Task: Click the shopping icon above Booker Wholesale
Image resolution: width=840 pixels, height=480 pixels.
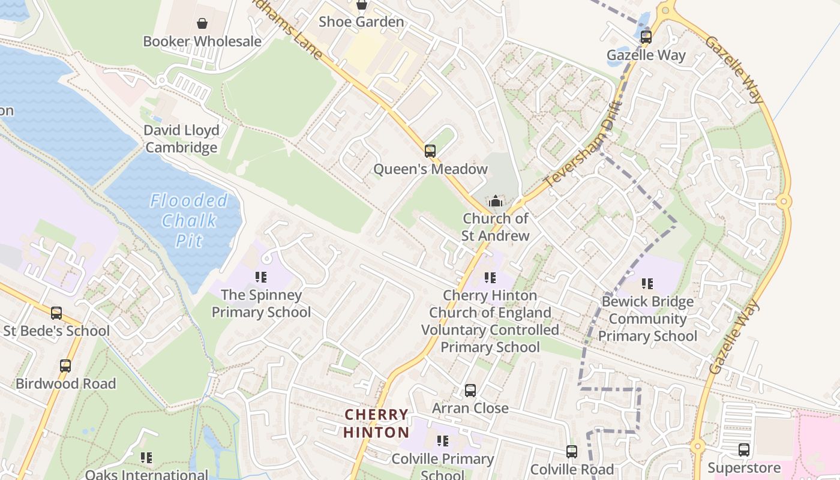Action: point(202,23)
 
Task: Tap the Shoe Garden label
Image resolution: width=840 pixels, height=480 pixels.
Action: point(361,22)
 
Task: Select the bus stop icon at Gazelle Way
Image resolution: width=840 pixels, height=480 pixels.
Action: point(646,37)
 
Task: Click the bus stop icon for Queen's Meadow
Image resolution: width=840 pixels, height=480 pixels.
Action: point(430,151)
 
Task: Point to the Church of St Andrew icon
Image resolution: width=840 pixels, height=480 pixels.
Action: point(495,201)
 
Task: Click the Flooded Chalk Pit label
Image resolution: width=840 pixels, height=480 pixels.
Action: point(189,220)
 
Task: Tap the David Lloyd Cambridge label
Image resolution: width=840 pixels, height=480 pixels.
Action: point(181,139)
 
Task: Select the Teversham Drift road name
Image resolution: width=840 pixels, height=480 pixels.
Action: point(582,145)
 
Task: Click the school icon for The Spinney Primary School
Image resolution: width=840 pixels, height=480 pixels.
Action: point(261,277)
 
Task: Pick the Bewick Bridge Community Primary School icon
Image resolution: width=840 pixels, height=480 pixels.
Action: point(647,283)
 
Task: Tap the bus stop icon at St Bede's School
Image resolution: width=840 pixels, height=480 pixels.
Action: point(56,313)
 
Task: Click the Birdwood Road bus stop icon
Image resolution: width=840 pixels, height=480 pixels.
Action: point(65,365)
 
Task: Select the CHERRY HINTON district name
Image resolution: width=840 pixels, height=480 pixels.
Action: point(376,423)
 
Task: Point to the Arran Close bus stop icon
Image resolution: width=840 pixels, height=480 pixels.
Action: point(470,391)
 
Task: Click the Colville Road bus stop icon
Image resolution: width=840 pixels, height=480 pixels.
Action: point(572,451)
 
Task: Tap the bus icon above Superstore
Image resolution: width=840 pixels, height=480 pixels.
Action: point(744,449)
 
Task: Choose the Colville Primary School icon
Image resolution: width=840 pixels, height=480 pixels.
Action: point(443,442)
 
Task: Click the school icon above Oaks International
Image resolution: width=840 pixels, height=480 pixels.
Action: point(146,458)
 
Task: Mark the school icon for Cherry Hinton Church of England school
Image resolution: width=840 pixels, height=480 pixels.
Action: point(490,278)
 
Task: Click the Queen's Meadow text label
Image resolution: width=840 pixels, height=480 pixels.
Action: point(430,169)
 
